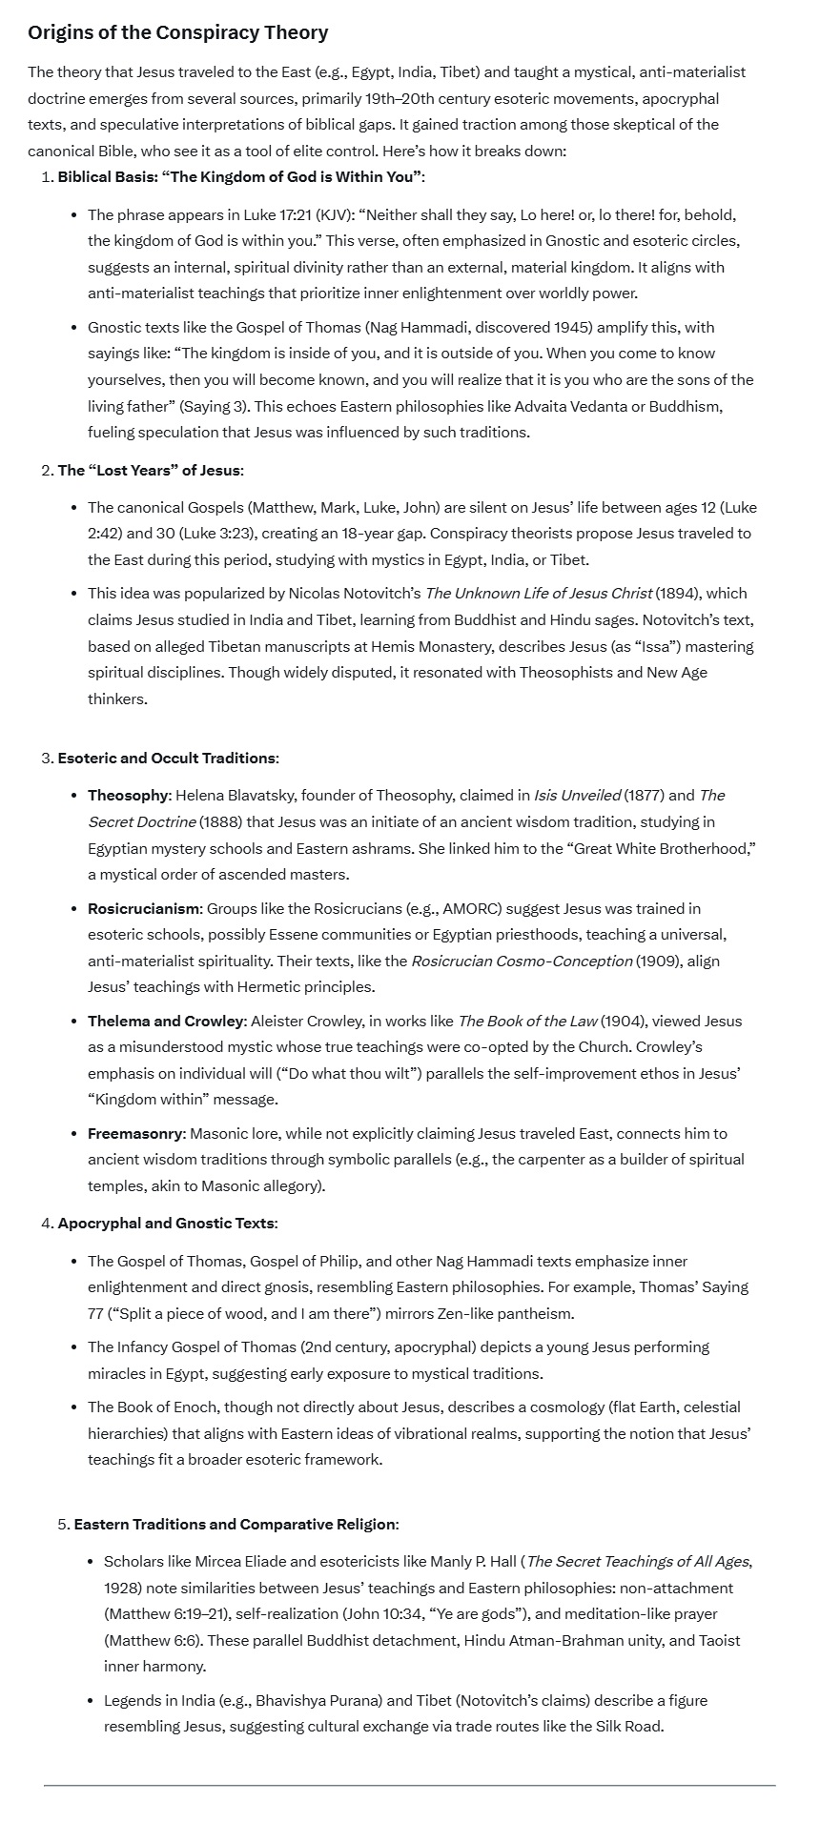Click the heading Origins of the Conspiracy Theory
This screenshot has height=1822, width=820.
[177, 32]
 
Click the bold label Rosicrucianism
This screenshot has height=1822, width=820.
[144, 908]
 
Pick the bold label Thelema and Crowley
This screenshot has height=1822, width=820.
[166, 1021]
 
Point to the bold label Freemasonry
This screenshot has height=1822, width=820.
[134, 1133]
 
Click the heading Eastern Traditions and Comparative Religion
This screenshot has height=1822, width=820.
[235, 1524]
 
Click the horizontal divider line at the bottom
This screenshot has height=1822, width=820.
[409, 1785]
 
